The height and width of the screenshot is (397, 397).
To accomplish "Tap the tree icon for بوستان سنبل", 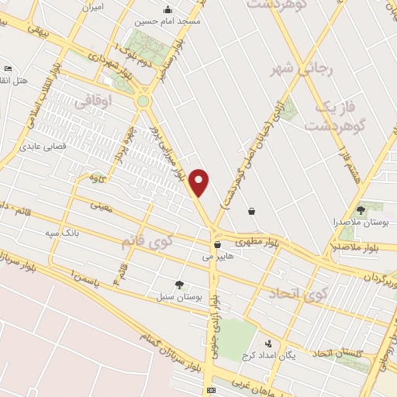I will (180, 285).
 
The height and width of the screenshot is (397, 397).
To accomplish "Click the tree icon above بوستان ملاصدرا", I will (361, 210).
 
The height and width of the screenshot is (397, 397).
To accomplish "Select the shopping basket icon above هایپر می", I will (216, 243).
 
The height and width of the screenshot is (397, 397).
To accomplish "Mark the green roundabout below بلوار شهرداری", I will (143, 101).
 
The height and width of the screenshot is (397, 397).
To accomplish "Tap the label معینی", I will (102, 206).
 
